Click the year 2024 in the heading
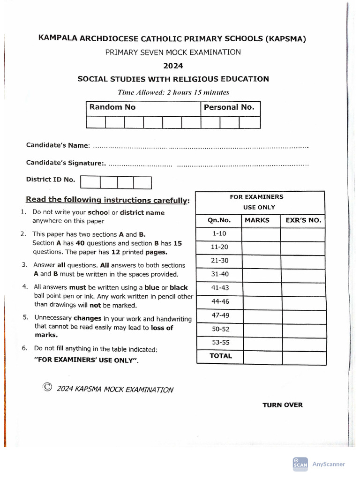tap(173, 66)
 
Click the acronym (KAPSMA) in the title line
tap(286, 39)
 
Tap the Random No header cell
tap(112, 107)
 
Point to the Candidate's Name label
tap(58, 145)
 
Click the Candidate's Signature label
tap(65, 163)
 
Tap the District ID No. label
tap(50, 180)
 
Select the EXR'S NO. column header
tap(303, 220)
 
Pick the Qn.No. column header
tap(219, 220)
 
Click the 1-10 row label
tap(219, 233)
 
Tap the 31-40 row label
tap(219, 274)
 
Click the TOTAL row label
tap(220, 356)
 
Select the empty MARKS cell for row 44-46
tap(261, 302)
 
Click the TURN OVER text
tap(282, 405)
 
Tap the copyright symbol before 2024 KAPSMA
tap(47, 387)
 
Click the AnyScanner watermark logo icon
tap(300, 463)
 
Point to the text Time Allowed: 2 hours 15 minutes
tap(173, 92)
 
